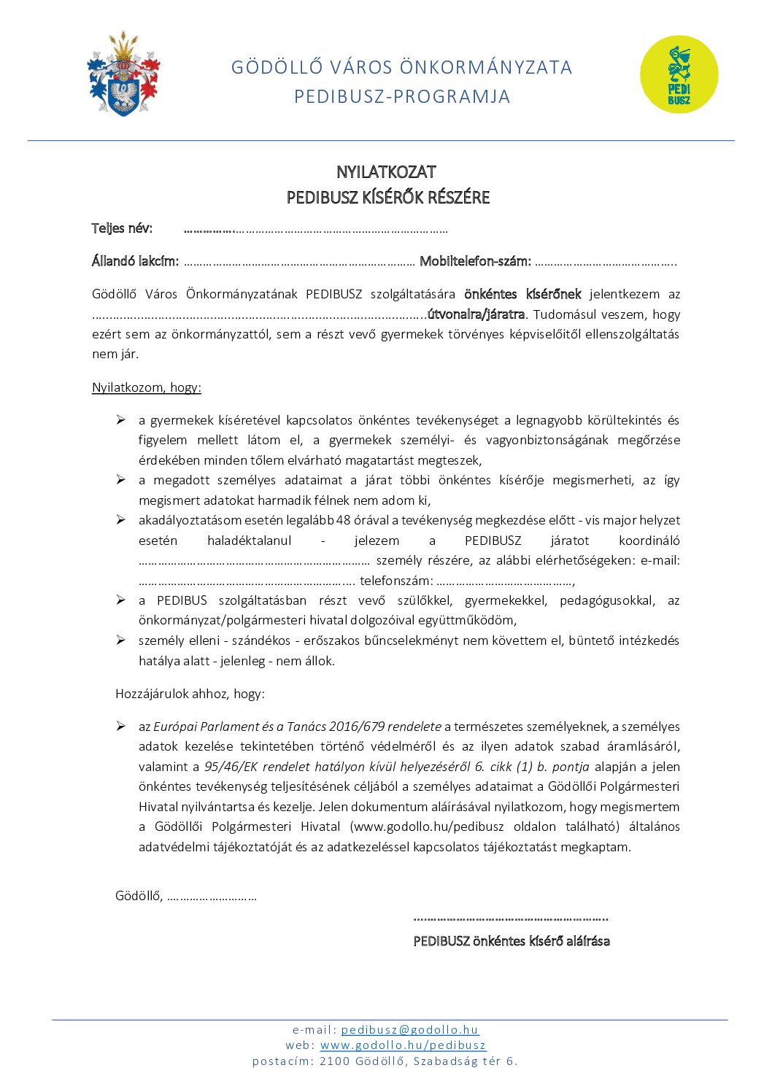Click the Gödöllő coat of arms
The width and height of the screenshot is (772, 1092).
[123, 74]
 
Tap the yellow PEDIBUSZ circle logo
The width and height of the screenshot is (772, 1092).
[679, 74]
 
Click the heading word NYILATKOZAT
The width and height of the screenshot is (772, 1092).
[386, 172]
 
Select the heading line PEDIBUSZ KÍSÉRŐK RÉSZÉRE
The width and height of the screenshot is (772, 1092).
[387, 198]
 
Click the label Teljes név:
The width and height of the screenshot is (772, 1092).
[122, 228]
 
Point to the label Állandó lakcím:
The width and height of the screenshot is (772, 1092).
[135, 261]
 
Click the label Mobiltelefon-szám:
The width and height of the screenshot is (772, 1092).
[475, 261]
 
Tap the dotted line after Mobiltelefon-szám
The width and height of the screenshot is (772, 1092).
[606, 262]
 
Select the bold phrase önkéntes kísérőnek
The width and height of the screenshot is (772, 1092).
[522, 294]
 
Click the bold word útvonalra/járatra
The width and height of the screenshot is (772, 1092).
[476, 314]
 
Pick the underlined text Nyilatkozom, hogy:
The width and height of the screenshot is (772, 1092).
[146, 387]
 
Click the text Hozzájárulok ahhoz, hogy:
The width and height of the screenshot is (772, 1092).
[190, 694]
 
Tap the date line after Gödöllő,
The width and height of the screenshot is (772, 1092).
[212, 897]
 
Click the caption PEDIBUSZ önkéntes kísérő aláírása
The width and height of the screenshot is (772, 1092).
[511, 941]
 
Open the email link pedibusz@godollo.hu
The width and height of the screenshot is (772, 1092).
[409, 1030]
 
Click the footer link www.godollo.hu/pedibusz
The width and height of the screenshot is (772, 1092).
[403, 1045]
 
